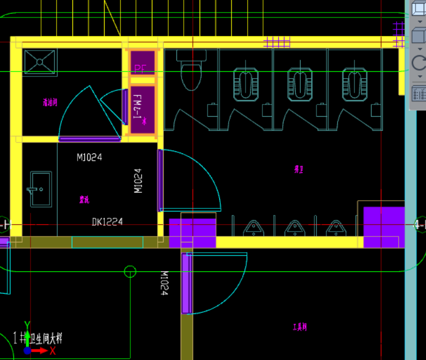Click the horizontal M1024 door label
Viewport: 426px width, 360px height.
(x=89, y=158)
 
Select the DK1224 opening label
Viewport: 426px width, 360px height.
(x=107, y=222)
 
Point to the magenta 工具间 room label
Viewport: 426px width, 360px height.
(x=300, y=327)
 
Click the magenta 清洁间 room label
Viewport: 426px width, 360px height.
(x=50, y=103)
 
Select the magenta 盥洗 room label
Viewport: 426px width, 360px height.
(x=84, y=199)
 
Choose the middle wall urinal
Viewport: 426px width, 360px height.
(x=294, y=227)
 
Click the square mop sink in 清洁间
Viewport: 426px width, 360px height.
(x=40, y=62)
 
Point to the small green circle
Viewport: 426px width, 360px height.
(x=130, y=272)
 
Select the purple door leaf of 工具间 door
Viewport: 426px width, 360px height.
(x=187, y=284)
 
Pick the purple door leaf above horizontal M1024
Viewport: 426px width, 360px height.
(x=90, y=139)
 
